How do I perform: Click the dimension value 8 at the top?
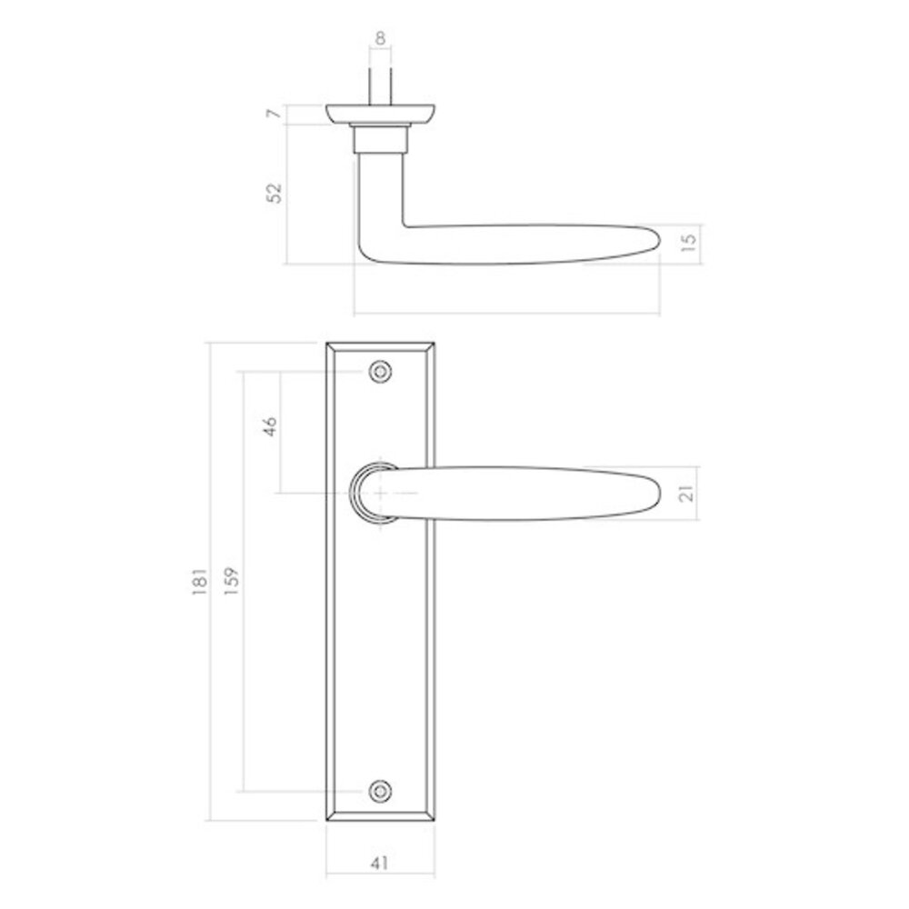380,38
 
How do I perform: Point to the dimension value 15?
688,242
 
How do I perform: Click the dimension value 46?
269,427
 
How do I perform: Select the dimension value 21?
688,494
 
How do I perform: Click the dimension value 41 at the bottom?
380,864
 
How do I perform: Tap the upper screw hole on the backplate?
380,371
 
